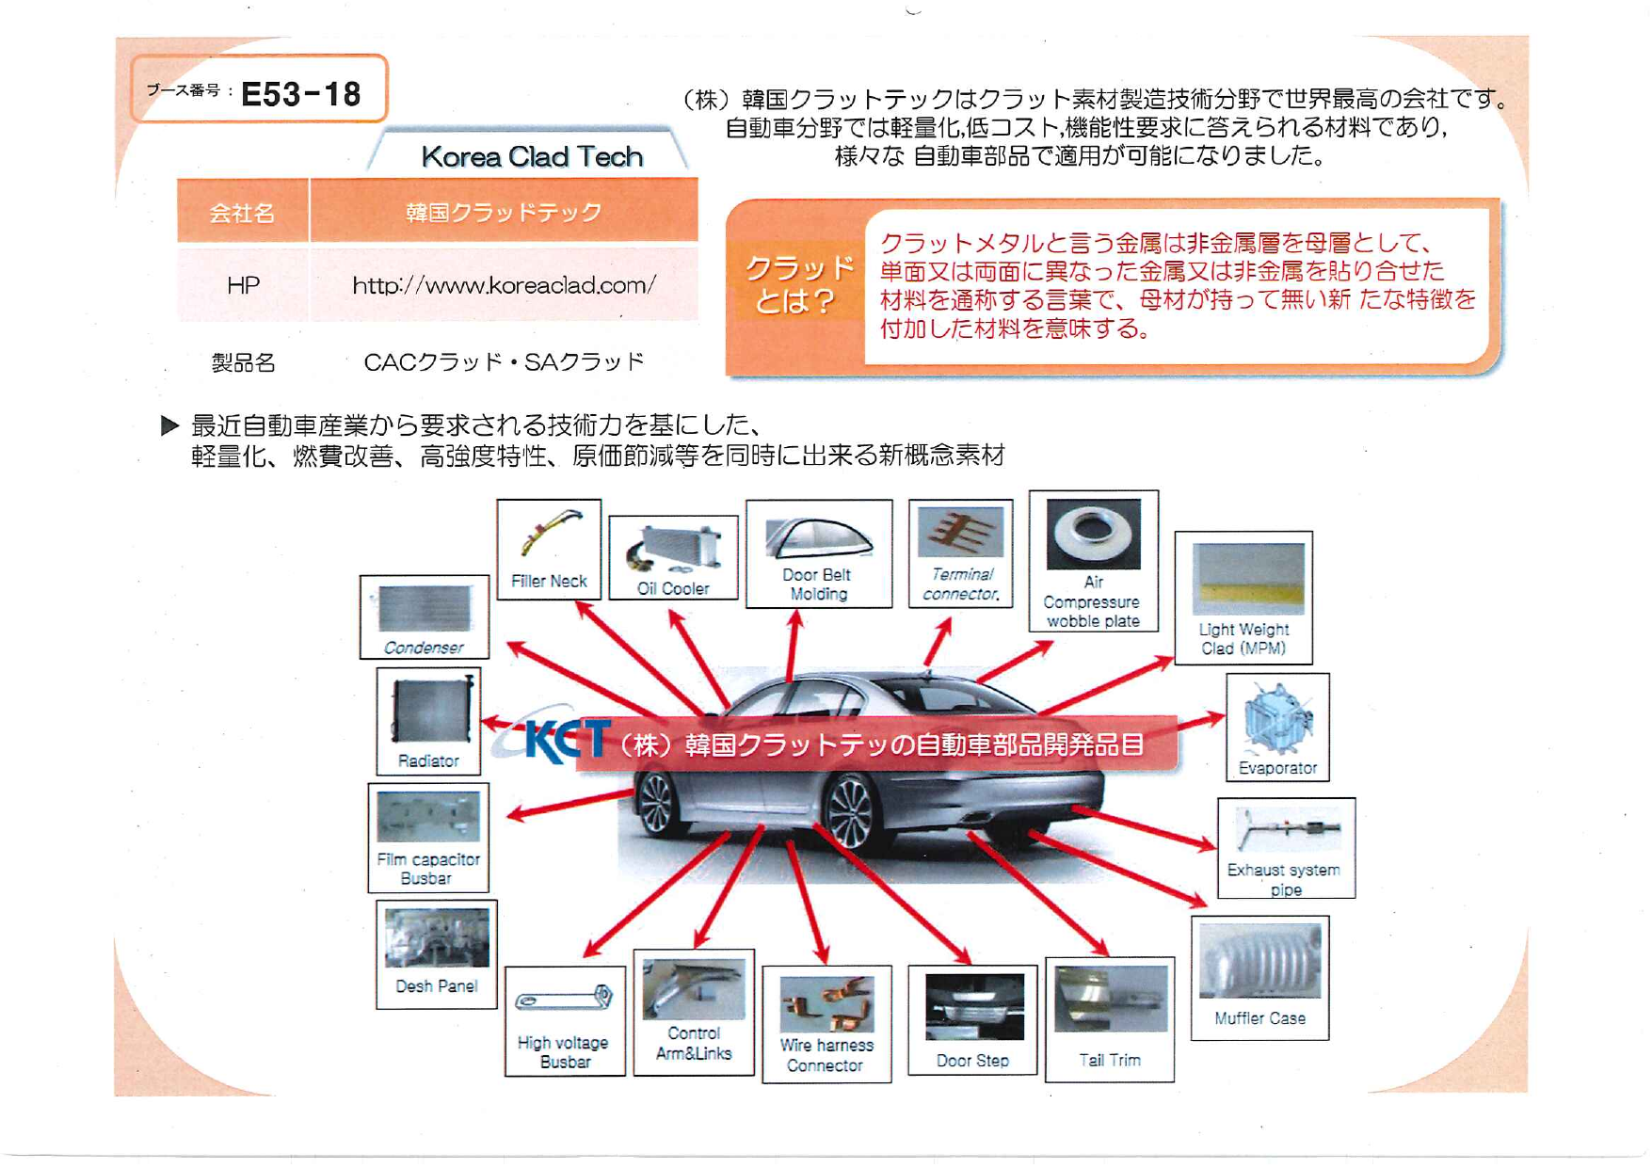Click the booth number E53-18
click(x=300, y=94)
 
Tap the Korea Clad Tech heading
click(x=532, y=156)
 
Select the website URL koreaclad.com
click(x=504, y=285)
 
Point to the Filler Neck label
click(x=549, y=581)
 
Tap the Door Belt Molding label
click(x=818, y=584)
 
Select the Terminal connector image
click(x=960, y=533)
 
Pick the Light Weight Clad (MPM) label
click(x=1243, y=639)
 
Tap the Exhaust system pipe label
click(x=1284, y=879)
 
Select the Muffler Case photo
click(x=1259, y=960)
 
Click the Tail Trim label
click(x=1109, y=1060)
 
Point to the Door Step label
click(x=972, y=1061)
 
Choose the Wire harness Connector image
click(x=826, y=1002)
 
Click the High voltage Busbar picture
click(x=564, y=999)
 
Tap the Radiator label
click(x=428, y=760)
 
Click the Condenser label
click(x=424, y=648)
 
